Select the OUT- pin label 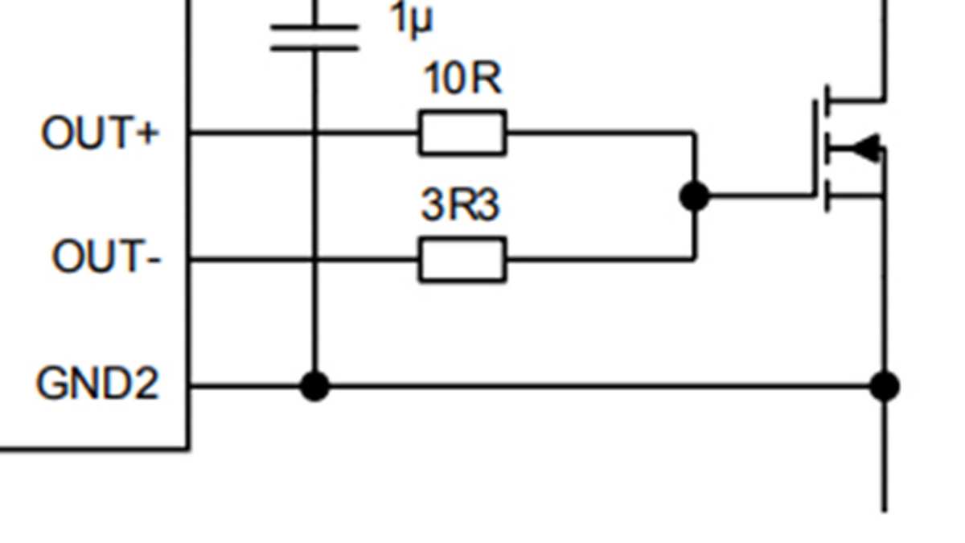click(106, 258)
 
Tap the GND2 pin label click(97, 384)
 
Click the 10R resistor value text click(462, 80)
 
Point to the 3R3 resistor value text click(460, 205)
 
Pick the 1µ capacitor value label click(411, 19)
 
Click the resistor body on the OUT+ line click(462, 133)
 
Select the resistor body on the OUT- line click(462, 259)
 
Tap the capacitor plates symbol click(314, 37)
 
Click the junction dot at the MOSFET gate click(694, 196)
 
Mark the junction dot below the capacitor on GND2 click(314, 386)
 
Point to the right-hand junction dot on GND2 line click(885, 386)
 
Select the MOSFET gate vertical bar click(815, 148)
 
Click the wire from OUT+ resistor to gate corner click(599, 132)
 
